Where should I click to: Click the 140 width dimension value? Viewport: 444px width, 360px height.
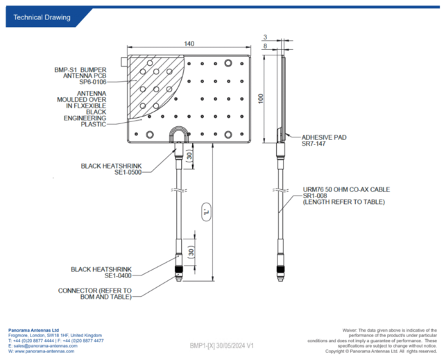[189, 44]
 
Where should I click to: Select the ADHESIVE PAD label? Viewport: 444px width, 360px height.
[324, 137]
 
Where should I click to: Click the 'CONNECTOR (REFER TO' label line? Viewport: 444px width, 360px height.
[95, 291]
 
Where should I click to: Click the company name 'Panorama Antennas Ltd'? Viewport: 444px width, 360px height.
[33, 330]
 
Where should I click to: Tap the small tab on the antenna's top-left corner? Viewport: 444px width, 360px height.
[124, 61]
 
